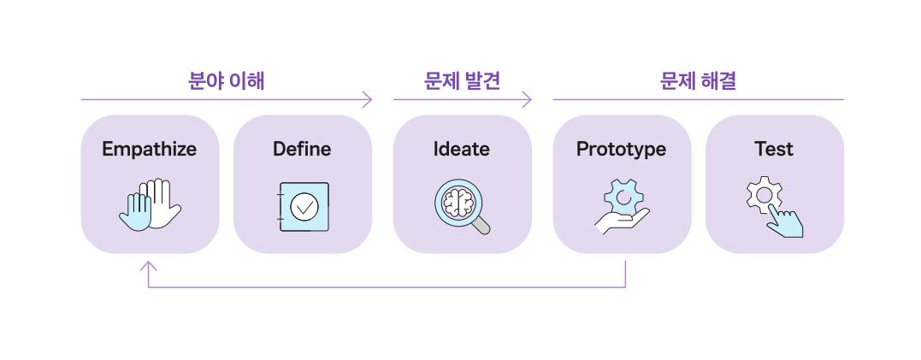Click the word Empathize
[150, 150]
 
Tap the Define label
[302, 150]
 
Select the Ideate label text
[462, 150]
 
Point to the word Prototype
[621, 150]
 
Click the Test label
[774, 150]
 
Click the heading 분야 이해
[227, 81]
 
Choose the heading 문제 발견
[462, 81]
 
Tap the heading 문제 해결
[698, 81]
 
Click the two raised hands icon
[151, 205]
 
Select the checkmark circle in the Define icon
[304, 206]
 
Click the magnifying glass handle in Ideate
[481, 226]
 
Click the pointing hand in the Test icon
[784, 221]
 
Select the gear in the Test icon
[764, 195]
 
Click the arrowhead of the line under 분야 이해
[369, 100]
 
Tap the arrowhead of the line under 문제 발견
[528, 100]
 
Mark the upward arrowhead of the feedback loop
[149, 267]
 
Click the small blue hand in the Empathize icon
[135, 212]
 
